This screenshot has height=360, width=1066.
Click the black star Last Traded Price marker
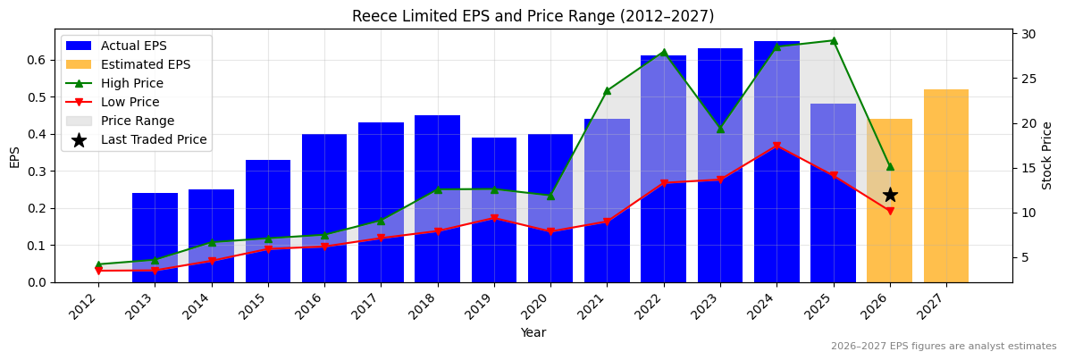tap(890, 195)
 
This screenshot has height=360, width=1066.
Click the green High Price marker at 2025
tap(834, 40)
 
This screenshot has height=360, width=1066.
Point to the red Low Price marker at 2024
tap(776, 146)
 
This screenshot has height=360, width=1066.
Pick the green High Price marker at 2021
tap(607, 90)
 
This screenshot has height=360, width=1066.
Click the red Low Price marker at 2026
tap(890, 211)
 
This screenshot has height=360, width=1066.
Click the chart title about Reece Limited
tap(533, 16)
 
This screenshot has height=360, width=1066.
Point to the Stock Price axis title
tap(1047, 155)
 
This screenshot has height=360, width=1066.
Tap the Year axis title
tap(533, 332)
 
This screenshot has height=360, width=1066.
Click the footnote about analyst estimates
tap(944, 347)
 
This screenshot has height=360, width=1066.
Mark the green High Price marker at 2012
tap(98, 264)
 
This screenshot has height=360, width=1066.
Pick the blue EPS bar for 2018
tap(438, 198)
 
